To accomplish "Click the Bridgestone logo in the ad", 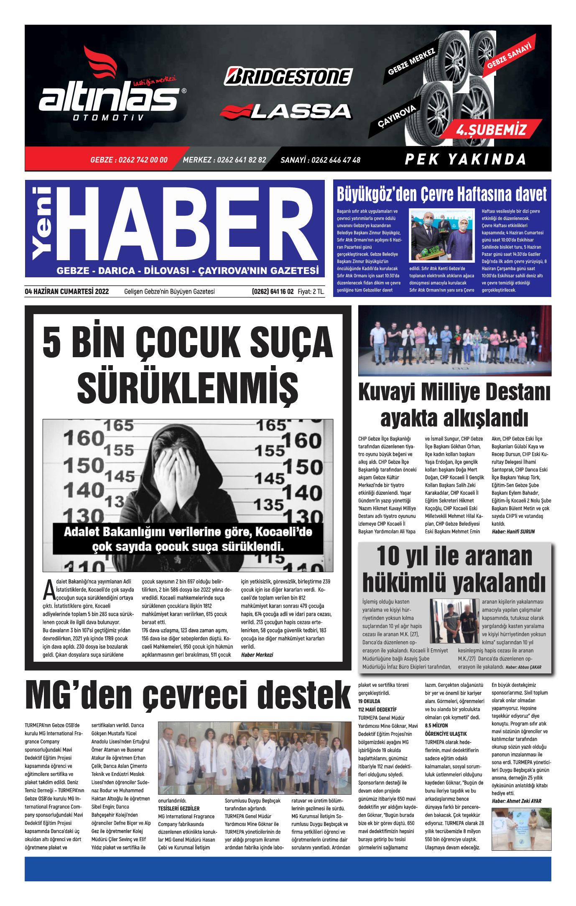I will click(x=288, y=77).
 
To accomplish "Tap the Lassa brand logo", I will click(x=286, y=111).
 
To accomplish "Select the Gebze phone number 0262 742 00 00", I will click(x=129, y=160).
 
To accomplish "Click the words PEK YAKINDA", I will click(x=465, y=159).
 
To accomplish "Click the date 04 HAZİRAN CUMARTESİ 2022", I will click(x=67, y=292).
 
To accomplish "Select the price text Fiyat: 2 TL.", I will click(x=311, y=292).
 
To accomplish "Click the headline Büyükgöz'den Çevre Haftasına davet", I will click(x=441, y=195).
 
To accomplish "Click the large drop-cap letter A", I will click(x=48, y=590).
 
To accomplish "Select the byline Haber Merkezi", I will click(x=257, y=655).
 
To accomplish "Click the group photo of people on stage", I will click(x=454, y=340).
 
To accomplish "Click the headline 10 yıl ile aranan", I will click(x=454, y=556).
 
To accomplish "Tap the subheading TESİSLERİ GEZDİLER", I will click(x=178, y=809).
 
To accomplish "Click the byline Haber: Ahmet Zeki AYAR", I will click(x=516, y=801).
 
